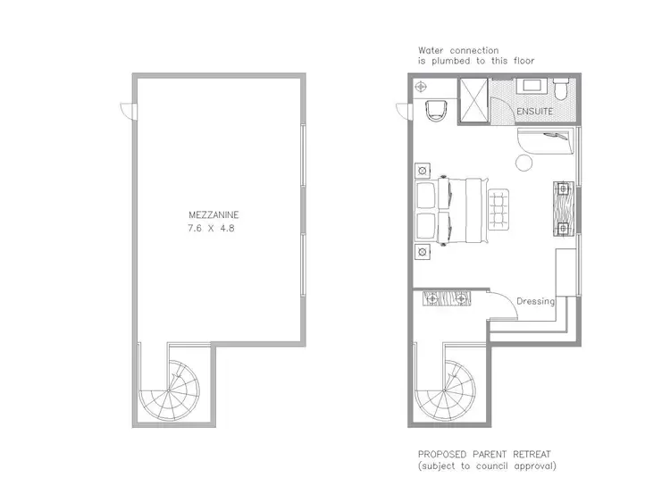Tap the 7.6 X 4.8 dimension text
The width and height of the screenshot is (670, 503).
(214, 229)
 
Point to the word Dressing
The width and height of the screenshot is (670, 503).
(536, 302)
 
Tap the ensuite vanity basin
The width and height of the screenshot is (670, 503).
(535, 88)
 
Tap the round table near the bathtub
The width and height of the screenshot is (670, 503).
(523, 164)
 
